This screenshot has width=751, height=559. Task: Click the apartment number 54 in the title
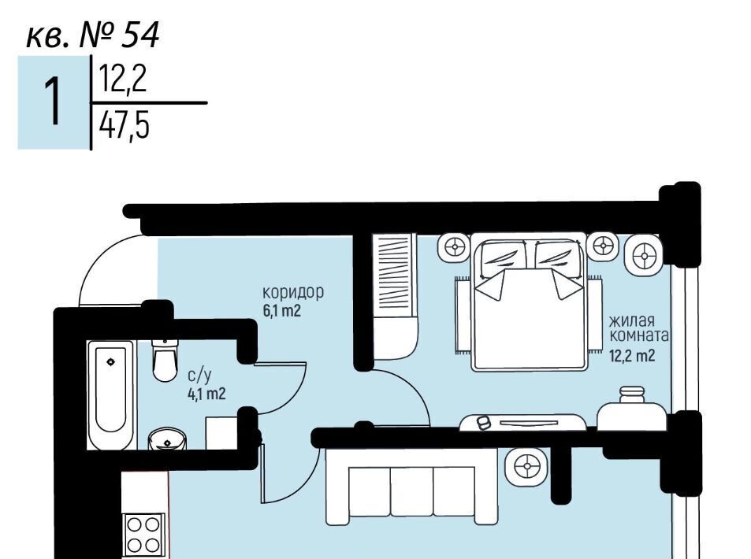pyautogui.click(x=139, y=35)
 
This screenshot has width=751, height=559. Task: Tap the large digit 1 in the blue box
pyautogui.click(x=53, y=102)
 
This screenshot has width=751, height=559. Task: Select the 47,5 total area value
pyautogui.click(x=124, y=126)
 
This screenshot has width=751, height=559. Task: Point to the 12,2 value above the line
pyautogui.click(x=123, y=79)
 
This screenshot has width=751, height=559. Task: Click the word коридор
pyautogui.click(x=293, y=292)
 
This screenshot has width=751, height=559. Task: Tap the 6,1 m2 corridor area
pyautogui.click(x=281, y=311)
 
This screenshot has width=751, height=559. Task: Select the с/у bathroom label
pyautogui.click(x=199, y=376)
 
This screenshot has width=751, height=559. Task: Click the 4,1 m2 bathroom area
pyautogui.click(x=206, y=394)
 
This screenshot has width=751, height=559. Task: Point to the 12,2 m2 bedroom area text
pyautogui.click(x=632, y=356)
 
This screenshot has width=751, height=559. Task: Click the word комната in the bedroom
pyautogui.click(x=639, y=335)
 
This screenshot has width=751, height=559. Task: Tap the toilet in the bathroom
pyautogui.click(x=165, y=360)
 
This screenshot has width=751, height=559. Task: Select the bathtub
pyautogui.click(x=111, y=395)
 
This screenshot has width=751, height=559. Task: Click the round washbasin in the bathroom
pyautogui.click(x=167, y=439)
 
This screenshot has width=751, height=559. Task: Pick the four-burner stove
pyautogui.click(x=143, y=534)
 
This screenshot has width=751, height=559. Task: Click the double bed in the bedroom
pyautogui.click(x=530, y=302)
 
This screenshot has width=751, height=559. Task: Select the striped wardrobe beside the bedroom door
pyautogui.click(x=394, y=297)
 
